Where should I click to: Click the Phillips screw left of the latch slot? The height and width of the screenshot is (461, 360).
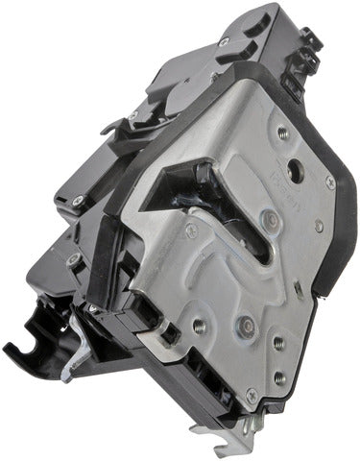tap(190, 229)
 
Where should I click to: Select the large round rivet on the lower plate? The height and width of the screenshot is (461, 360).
tap(243, 325)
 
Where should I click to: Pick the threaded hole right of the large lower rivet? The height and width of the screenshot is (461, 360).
tap(277, 341)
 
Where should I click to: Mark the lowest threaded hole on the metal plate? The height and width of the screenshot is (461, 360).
tap(279, 377)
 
